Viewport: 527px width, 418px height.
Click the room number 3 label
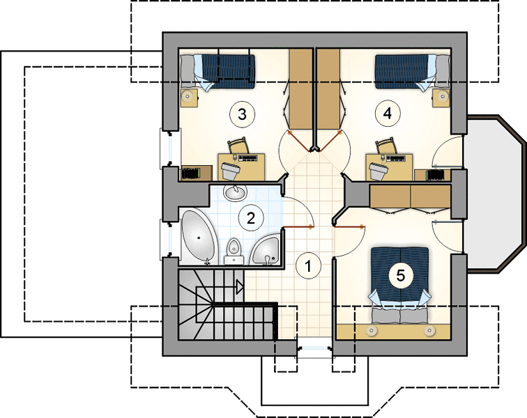point(242,114)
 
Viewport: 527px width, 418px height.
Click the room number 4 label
point(387,114)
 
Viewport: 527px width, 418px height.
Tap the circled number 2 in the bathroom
point(251,219)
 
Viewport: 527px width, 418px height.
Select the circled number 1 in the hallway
point(308,266)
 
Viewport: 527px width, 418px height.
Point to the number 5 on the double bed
point(400,275)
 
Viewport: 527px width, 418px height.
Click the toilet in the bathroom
point(234,251)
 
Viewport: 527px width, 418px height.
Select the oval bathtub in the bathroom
point(198,237)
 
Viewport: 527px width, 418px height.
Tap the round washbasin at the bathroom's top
point(235,192)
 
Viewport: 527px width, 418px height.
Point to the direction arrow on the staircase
point(240,287)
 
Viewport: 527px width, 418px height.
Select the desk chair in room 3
point(238,146)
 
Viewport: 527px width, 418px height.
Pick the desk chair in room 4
point(385,146)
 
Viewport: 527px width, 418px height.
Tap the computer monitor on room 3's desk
point(229,170)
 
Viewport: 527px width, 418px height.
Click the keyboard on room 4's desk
point(397,157)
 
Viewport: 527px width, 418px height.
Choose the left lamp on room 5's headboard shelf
point(372,331)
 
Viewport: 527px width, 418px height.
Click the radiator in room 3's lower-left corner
point(191,173)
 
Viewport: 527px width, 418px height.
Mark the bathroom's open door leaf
point(298,228)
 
